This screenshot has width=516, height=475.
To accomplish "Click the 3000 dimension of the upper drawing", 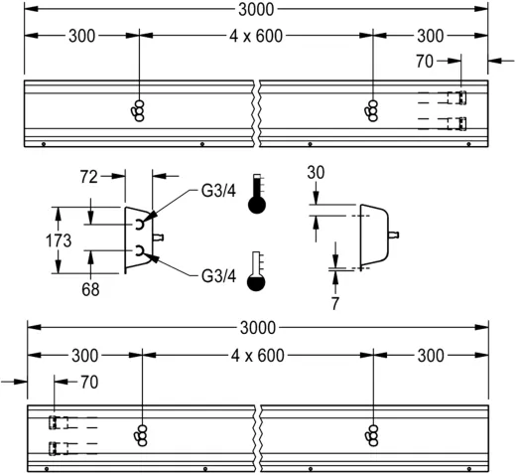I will pos(257,9).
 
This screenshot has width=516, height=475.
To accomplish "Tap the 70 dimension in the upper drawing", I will pos(426,61).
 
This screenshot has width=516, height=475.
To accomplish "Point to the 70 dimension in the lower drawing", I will pos(88,381).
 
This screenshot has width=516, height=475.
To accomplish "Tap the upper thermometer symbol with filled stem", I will pos(258,194).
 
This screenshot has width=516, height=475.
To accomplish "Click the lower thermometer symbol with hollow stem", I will pos(258,270).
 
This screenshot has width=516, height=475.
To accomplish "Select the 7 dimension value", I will pos(335,304).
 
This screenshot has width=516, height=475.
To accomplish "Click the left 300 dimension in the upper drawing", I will pos(82,36).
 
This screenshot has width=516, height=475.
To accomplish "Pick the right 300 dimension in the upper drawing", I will pos(430,36).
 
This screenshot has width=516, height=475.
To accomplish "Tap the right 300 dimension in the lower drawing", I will pos(431,355).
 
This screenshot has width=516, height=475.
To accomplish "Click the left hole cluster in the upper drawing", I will pos(138,109).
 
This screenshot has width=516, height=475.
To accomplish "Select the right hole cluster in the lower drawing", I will pos(372,433).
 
